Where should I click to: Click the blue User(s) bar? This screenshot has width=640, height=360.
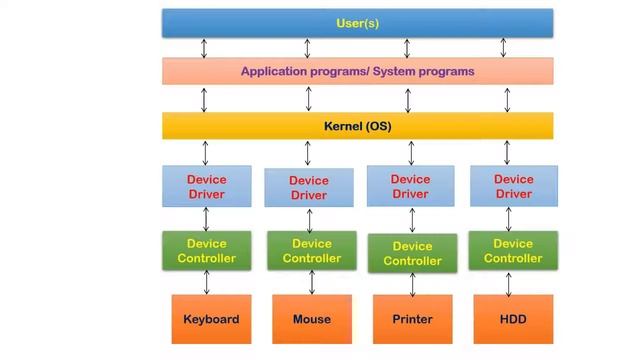357,22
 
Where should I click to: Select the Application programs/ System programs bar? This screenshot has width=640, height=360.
357,72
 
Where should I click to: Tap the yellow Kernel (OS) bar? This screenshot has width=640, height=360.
357,126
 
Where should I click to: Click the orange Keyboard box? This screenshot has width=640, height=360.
211,320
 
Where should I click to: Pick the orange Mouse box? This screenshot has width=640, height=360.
311,320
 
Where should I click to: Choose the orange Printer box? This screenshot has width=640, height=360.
412,320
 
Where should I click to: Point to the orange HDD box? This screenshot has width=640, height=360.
513,320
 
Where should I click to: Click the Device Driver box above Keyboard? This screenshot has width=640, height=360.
207,186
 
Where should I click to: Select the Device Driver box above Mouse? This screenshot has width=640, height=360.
309,188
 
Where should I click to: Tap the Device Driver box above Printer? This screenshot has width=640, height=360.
411,186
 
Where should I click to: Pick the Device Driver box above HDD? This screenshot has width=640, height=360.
513,186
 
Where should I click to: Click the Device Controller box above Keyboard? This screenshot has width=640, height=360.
207,250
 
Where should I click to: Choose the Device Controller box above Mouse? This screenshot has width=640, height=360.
311,250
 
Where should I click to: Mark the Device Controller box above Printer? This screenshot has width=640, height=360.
412,253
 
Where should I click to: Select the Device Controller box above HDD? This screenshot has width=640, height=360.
513,250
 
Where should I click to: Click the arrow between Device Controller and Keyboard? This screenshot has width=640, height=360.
207,282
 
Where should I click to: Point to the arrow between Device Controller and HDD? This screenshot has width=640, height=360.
509,282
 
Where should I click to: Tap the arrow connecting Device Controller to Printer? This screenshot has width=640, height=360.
412,284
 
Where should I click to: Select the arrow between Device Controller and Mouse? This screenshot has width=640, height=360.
309,282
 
